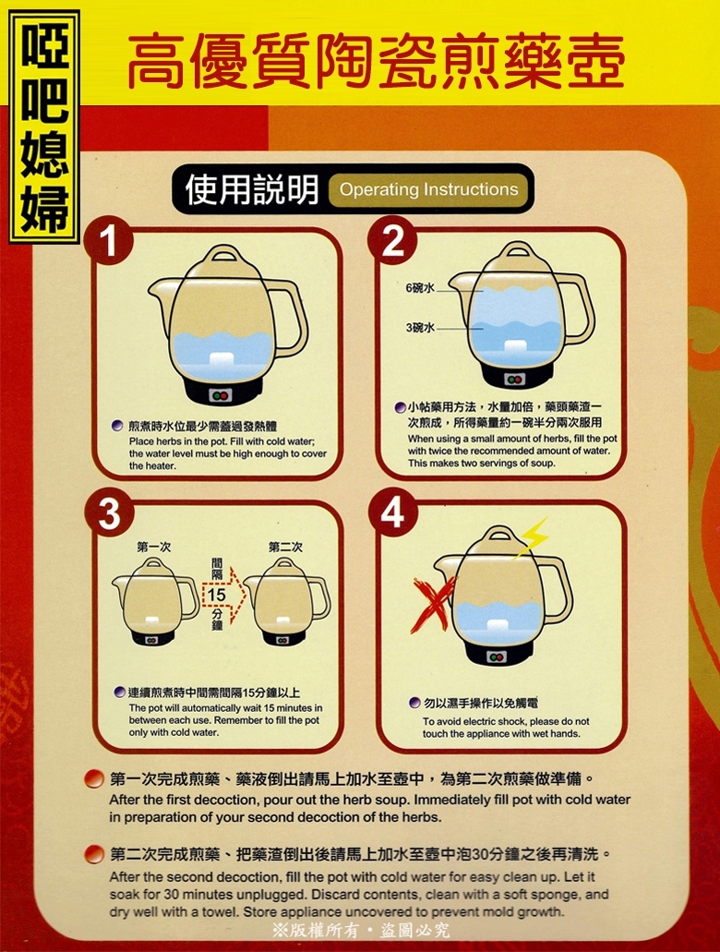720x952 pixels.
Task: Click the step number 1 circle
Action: click(108, 242)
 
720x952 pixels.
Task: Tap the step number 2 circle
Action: click(393, 240)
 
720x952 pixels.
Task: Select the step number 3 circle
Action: click(108, 515)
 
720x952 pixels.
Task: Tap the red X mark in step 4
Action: click(434, 603)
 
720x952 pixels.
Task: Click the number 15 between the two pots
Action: click(217, 595)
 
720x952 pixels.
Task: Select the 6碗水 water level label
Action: click(420, 288)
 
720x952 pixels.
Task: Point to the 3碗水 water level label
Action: click(420, 328)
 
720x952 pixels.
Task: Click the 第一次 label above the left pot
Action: click(153, 547)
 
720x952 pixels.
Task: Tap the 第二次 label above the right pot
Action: click(285, 547)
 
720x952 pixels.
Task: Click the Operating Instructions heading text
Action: click(428, 189)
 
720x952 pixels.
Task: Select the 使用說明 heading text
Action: click(251, 189)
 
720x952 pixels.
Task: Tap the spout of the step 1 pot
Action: click(159, 287)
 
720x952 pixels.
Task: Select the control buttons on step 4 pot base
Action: click(497, 657)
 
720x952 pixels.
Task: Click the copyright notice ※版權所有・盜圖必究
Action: click(361, 930)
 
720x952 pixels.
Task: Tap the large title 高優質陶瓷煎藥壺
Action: click(377, 60)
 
